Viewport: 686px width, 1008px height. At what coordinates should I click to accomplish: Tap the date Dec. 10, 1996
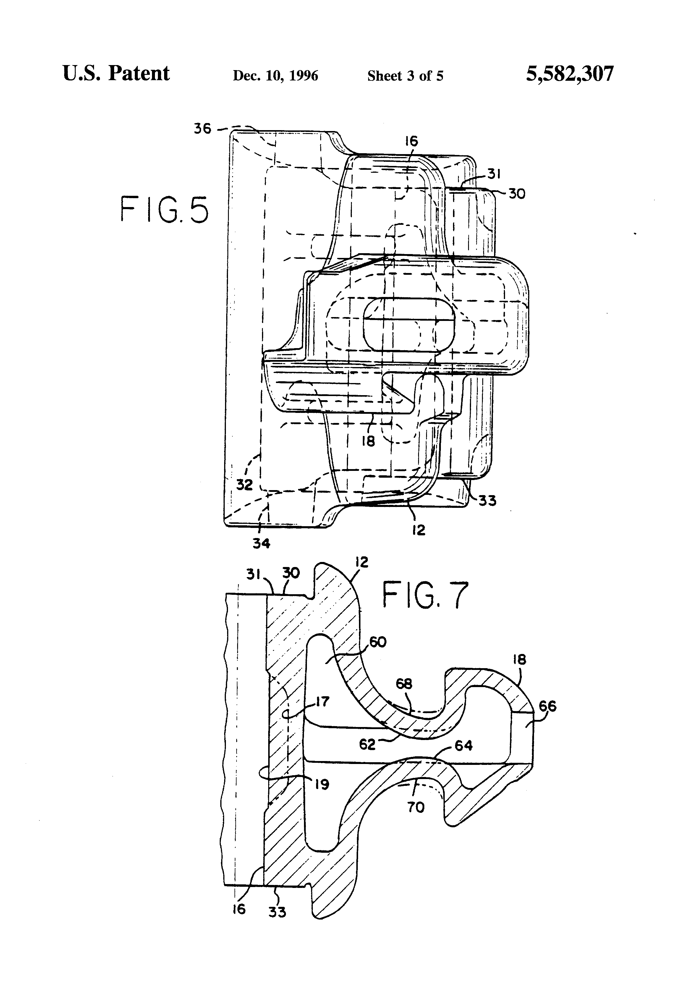pos(275,76)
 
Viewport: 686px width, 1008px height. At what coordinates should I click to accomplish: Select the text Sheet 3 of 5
pos(405,76)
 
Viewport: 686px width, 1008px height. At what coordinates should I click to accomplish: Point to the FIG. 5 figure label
pos(164,210)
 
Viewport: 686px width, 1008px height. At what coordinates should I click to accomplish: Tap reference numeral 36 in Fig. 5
pos(203,129)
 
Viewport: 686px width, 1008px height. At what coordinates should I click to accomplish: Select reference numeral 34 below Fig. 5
pos(261,543)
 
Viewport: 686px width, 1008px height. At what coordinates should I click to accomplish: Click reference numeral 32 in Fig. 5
pos(244,484)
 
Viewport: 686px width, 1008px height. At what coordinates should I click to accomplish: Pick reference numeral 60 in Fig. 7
pos(377,642)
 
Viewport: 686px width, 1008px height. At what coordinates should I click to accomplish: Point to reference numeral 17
pos(322,701)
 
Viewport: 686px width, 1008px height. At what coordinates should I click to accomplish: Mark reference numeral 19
pos(322,784)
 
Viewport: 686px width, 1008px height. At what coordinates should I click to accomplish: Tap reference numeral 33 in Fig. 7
pos(277,912)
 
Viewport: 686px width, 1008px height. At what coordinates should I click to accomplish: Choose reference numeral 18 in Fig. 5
pos(368,442)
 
